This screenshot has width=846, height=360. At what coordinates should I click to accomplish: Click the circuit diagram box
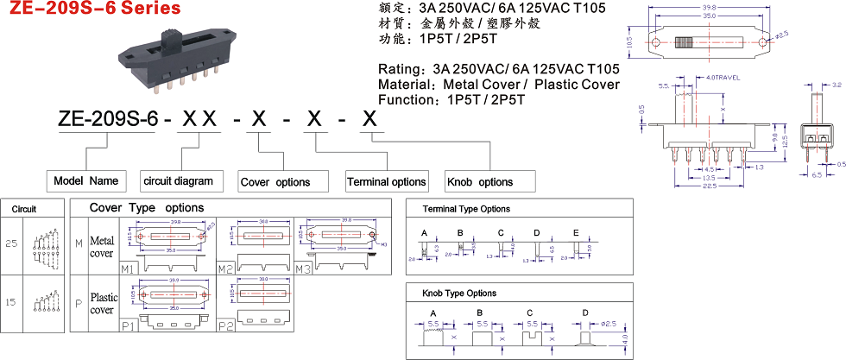176,181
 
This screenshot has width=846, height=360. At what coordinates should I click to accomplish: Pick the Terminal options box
386,182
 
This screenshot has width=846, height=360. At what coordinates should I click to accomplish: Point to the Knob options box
478,182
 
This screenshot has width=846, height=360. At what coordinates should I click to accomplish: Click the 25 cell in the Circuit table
11,243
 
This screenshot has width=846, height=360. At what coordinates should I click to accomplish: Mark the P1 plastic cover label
128,325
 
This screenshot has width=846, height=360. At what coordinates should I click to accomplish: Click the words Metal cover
102,246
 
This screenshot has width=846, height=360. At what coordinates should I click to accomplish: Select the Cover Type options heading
147,208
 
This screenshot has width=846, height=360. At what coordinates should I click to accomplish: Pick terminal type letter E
576,233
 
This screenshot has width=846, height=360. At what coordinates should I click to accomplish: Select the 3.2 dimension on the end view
837,85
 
